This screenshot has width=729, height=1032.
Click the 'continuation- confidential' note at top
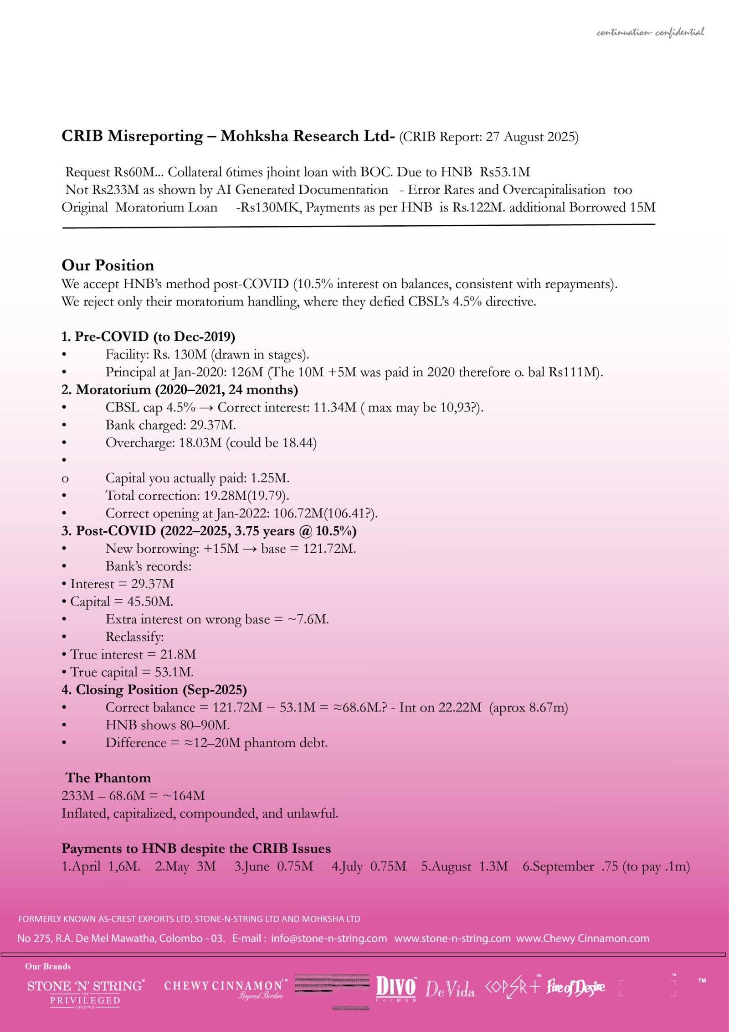point(650,32)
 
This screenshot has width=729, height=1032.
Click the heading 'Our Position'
point(108,265)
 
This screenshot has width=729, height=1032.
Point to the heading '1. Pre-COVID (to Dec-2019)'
point(148,337)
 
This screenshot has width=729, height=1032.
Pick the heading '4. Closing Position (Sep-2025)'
point(154,690)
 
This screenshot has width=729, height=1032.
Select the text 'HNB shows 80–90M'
point(167,725)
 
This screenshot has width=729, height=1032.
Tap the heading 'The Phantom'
point(108,778)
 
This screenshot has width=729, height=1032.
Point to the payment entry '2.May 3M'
point(185,866)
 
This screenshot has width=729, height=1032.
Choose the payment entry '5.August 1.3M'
point(464,866)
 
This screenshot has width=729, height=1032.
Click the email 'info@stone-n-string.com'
point(329,939)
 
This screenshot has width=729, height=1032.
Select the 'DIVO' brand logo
point(395,988)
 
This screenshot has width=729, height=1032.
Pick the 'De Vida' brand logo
point(450,989)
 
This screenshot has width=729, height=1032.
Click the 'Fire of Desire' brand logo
point(576,987)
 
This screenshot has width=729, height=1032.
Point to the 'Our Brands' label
point(48,966)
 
